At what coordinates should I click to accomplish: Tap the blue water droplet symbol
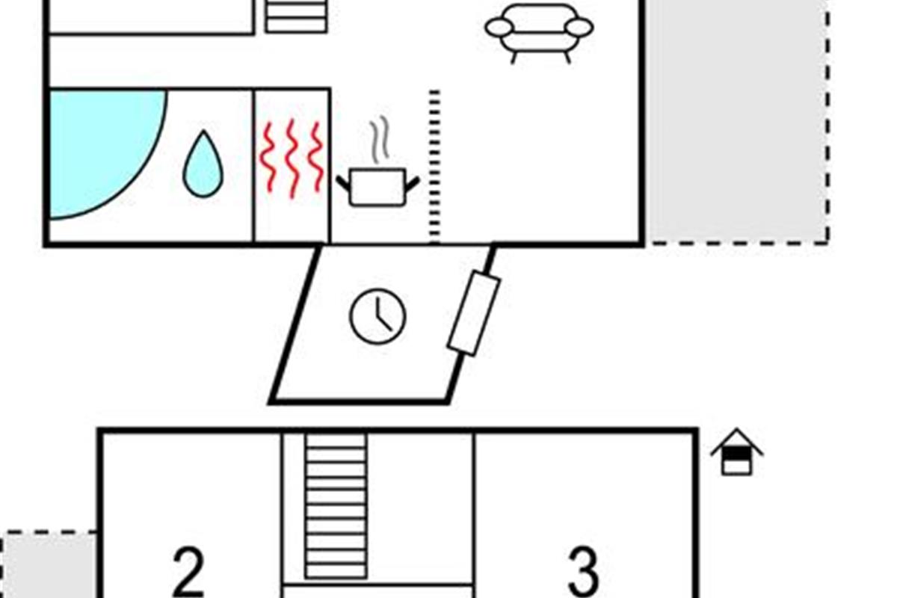[203, 164]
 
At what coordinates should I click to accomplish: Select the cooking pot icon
[377, 187]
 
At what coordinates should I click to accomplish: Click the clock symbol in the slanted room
[377, 316]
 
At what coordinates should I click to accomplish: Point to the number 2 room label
[188, 572]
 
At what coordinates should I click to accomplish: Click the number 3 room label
[584, 572]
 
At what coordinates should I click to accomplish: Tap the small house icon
[737, 452]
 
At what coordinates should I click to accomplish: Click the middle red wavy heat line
[292, 158]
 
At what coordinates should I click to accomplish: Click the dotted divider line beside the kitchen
[434, 167]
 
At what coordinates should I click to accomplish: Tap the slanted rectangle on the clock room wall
[474, 314]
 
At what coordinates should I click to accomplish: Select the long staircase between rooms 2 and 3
[336, 506]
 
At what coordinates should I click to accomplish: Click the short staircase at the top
[296, 16]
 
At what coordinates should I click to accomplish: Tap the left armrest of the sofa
[499, 28]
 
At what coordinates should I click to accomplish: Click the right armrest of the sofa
[579, 28]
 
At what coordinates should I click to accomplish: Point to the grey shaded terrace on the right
[738, 120]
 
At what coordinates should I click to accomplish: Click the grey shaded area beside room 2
[49, 565]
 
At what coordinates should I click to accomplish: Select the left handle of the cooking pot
[343, 183]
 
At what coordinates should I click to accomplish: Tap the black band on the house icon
[737, 454]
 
